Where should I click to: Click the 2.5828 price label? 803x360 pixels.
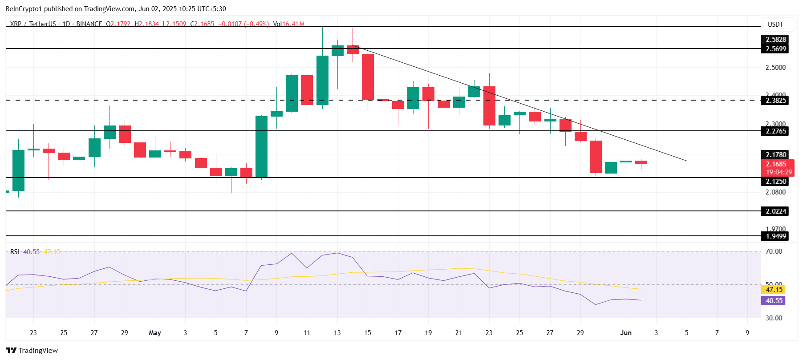point(775,40)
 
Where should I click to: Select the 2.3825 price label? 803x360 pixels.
point(775,101)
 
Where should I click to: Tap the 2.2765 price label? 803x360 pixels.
point(775,131)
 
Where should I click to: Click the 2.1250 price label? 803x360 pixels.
point(775,182)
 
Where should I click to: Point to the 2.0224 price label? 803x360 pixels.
point(775,211)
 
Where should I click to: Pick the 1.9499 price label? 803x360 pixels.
point(775,236)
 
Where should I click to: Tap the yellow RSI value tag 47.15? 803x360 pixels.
point(774,290)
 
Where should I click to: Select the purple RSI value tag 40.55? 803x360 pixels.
point(774,301)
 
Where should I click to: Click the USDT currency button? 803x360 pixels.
point(775,24)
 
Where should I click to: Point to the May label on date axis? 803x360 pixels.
point(155,333)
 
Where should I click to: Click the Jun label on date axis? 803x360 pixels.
point(626,333)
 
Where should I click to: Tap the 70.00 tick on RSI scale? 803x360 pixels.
point(774,251)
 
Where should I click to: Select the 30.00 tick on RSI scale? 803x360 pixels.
point(774,318)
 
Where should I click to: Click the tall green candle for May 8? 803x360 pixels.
point(261,147)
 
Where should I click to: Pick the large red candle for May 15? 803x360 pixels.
point(368,77)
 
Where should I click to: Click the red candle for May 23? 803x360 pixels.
point(489,106)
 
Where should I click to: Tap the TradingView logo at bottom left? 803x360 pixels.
point(32,351)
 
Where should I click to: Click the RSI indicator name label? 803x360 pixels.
point(15,252)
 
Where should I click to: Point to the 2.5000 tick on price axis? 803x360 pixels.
point(775,68)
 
